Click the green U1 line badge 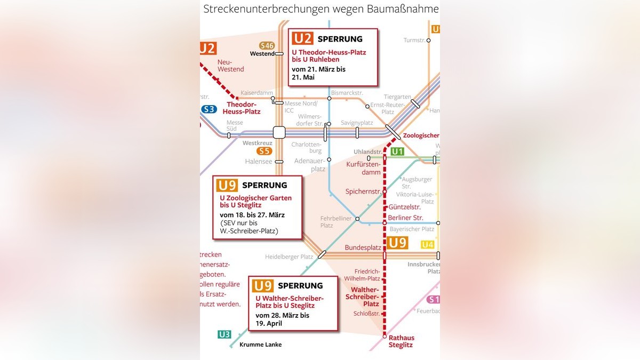(397, 152)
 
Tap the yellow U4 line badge (428, 245)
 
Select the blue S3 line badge (209, 109)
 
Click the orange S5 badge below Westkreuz (265, 151)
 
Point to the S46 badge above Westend (267, 46)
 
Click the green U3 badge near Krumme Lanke (224, 335)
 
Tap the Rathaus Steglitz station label (401, 341)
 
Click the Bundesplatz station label (363, 248)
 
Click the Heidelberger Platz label (289, 257)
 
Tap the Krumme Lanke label (260, 345)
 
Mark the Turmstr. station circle (428, 40)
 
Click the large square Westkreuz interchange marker (279, 132)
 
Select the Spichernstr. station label (363, 191)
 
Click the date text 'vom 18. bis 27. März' (252, 215)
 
